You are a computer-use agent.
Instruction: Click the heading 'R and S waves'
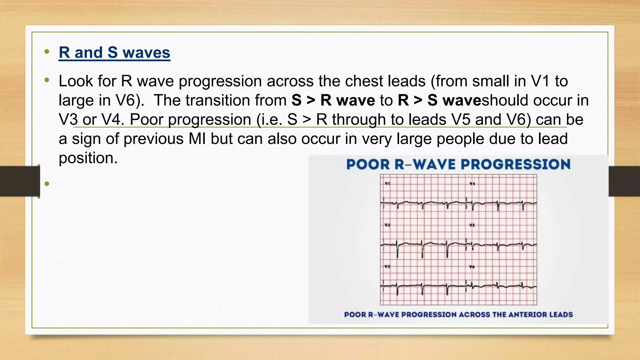pyautogui.click(x=114, y=52)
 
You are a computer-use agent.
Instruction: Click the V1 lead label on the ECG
pyautogui.click(x=387, y=183)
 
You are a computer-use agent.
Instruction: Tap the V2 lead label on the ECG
pyautogui.click(x=387, y=225)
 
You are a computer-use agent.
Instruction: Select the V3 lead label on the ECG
pyautogui.click(x=387, y=267)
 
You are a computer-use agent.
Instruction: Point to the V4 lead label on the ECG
pyautogui.click(x=472, y=183)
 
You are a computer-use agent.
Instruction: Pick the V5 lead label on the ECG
pyautogui.click(x=472, y=225)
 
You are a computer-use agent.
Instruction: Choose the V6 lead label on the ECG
pyautogui.click(x=472, y=267)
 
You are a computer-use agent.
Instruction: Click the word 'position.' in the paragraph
pyautogui.click(x=88, y=158)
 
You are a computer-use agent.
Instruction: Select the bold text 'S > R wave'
pyautogui.click(x=333, y=101)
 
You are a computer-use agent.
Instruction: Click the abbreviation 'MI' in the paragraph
pyautogui.click(x=197, y=139)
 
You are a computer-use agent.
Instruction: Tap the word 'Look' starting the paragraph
pyautogui.click(x=76, y=81)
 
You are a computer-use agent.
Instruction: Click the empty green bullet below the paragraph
pyautogui.click(x=47, y=184)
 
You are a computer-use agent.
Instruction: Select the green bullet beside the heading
pyautogui.click(x=47, y=52)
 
